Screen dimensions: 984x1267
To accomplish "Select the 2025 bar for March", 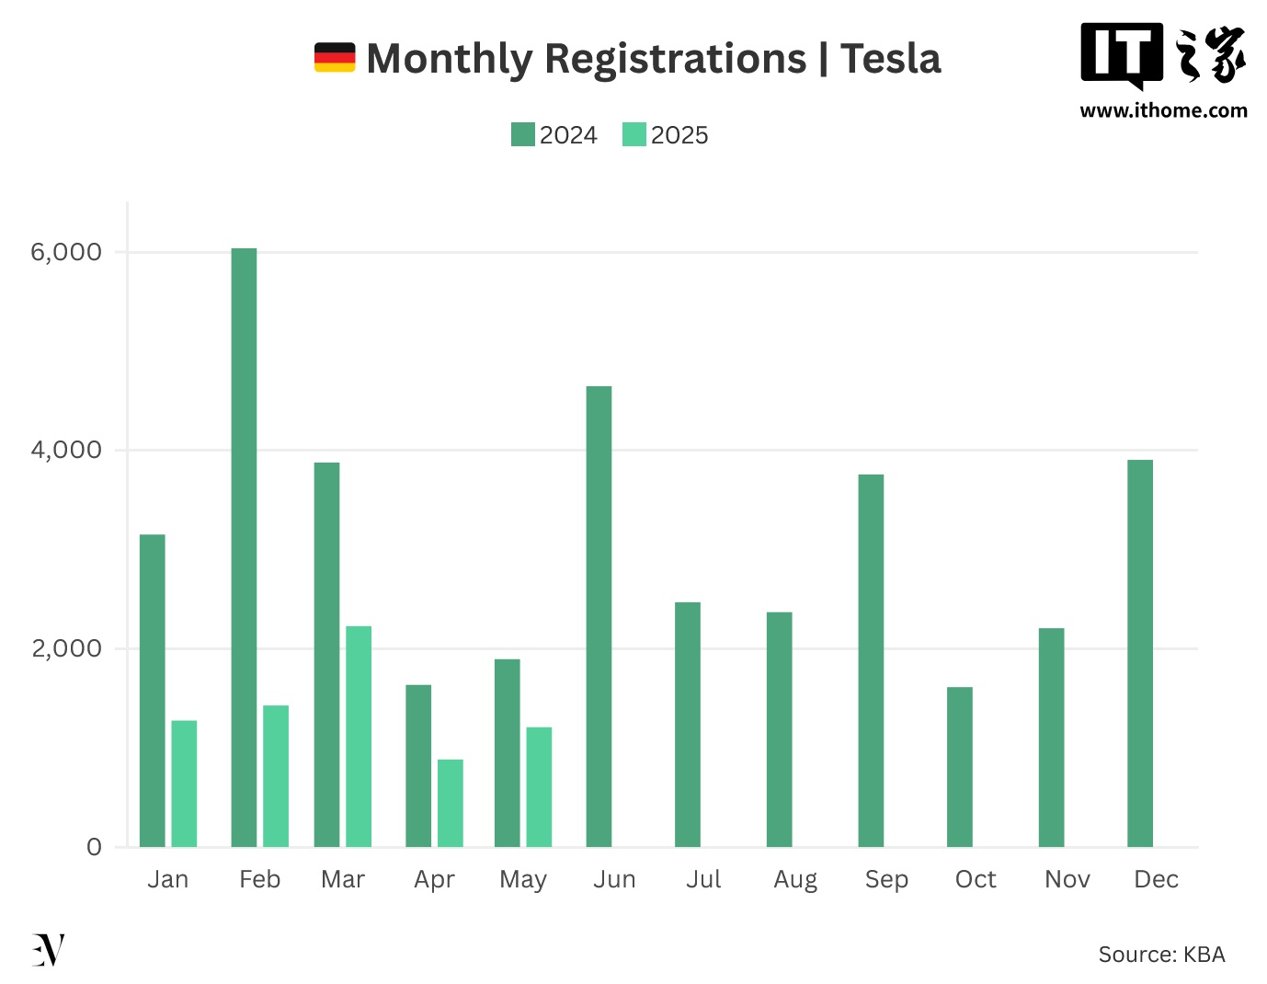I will point(359,736).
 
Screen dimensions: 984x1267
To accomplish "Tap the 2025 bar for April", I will point(451,803).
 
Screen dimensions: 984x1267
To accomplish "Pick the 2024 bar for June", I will point(599,616).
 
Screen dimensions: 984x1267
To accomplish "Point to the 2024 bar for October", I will point(960,767).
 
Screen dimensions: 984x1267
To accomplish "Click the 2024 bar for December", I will point(1140,653).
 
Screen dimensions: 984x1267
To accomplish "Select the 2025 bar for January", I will point(184,784).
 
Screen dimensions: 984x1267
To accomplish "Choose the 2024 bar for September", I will point(871,660).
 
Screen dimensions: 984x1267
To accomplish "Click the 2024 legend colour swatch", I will point(523,134).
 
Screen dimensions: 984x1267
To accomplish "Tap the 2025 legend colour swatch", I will point(634,134).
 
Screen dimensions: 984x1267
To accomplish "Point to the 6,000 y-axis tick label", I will point(66,252).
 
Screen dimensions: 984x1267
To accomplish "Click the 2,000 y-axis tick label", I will point(66,648).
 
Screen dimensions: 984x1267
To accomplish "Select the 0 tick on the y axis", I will point(94,847).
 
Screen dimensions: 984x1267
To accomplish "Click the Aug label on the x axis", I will point(795,880).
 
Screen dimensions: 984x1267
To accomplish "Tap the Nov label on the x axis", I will point(1067,880).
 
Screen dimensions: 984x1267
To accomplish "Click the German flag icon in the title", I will point(335,57).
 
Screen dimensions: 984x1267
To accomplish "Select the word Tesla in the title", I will point(891,59).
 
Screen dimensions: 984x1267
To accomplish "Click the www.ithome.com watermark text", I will point(1163,111).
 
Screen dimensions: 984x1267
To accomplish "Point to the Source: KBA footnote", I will point(1161,955).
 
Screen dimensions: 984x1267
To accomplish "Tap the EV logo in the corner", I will point(48,950).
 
